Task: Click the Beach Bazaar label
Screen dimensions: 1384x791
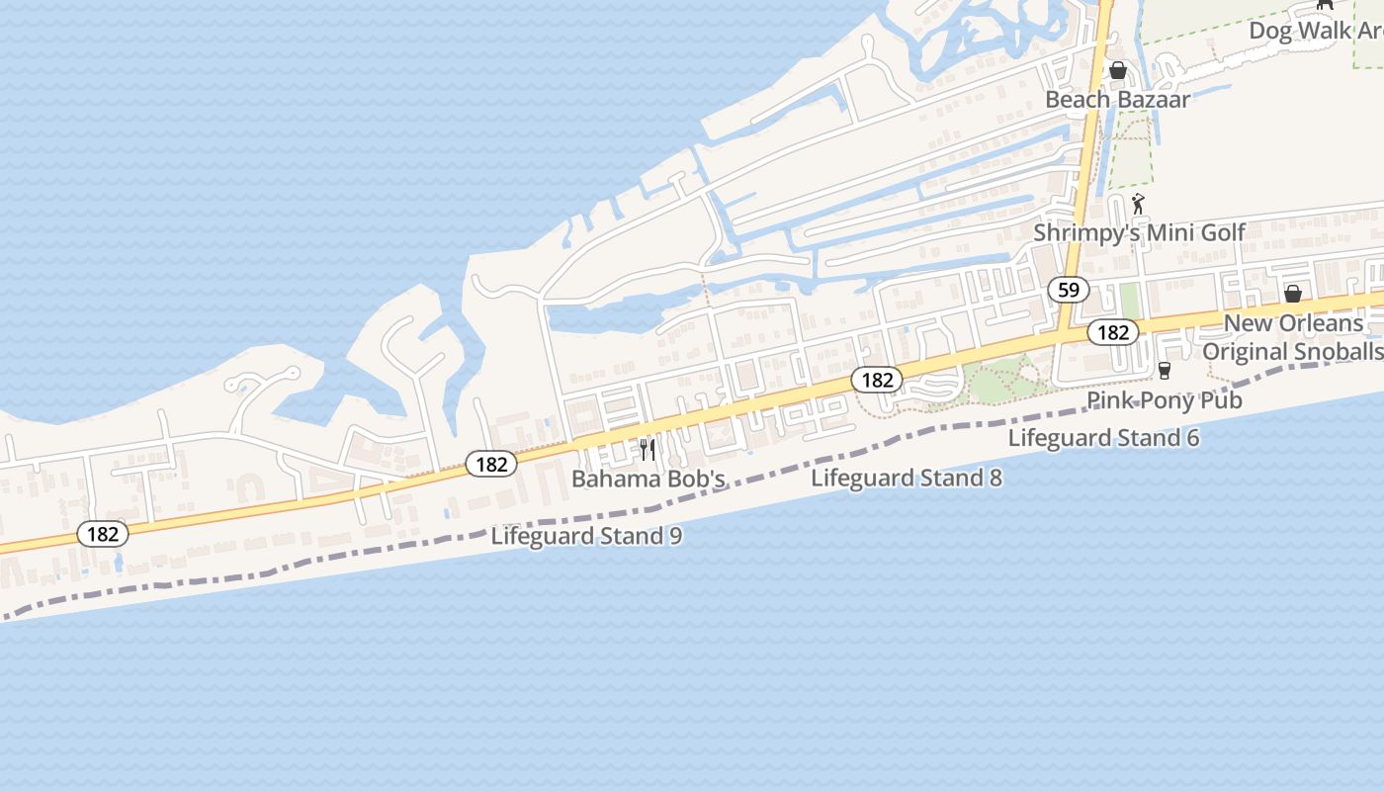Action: (1117, 99)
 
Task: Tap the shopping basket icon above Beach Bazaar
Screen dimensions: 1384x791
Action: (1118, 70)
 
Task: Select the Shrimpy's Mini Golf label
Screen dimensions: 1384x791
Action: (1139, 233)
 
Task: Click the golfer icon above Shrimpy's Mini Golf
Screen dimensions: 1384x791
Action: (1139, 206)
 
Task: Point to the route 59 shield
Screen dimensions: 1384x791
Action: (1068, 290)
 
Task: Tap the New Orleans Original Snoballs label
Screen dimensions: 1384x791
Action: (1293, 337)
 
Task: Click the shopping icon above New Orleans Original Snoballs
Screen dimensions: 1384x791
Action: (1292, 294)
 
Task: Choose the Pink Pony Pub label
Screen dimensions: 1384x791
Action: (1165, 400)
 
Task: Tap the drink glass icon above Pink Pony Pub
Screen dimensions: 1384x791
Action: (1165, 371)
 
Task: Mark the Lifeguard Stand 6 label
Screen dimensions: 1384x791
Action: (1103, 438)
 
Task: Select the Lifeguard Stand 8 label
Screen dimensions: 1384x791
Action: (907, 479)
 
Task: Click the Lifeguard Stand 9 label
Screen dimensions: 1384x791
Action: (586, 536)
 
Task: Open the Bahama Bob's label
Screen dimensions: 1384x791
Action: (649, 480)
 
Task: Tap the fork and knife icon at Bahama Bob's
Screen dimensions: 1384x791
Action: (648, 450)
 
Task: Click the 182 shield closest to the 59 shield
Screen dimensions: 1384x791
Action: (1113, 332)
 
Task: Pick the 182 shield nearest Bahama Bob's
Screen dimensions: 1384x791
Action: (491, 464)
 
